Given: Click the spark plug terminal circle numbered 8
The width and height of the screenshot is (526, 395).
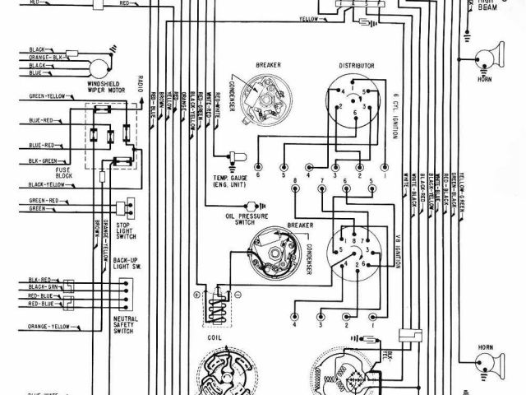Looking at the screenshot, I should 294,189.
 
